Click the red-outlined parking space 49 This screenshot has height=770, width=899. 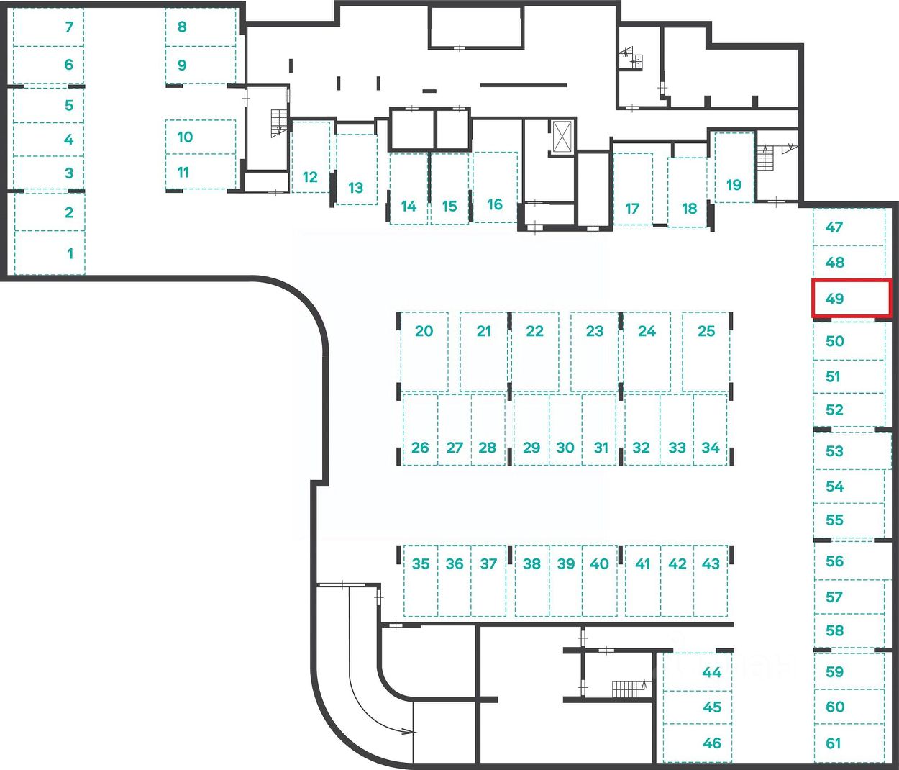pyautogui.click(x=851, y=298)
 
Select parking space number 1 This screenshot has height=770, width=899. pyautogui.click(x=49, y=253)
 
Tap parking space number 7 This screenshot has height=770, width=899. pyautogui.click(x=49, y=27)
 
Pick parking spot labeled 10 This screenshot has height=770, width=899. pyautogui.click(x=201, y=137)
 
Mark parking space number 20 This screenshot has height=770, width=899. pyautogui.click(x=424, y=351)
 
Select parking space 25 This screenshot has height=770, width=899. pyautogui.click(x=706, y=351)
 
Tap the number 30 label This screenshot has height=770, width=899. pyautogui.click(x=565, y=448)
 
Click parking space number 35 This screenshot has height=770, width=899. pyautogui.click(x=421, y=580)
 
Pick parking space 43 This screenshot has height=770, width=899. pyautogui.click(x=711, y=580)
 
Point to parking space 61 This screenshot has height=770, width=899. pyautogui.click(x=849, y=743)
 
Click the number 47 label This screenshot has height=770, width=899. pyautogui.click(x=834, y=227)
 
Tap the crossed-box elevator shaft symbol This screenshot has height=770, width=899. pyautogui.click(x=562, y=135)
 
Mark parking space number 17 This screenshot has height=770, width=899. pyautogui.click(x=632, y=189)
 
